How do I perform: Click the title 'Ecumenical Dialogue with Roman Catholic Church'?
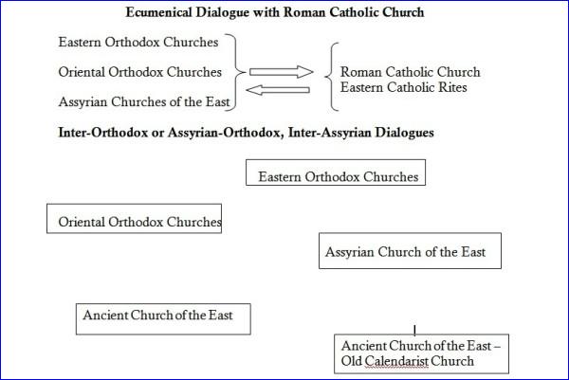275,12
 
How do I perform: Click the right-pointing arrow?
282,72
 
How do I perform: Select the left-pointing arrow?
278,90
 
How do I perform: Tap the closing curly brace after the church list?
236,72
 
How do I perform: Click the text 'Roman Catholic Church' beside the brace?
410,72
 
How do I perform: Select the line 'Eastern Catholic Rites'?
404,87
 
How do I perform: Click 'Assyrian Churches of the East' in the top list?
144,102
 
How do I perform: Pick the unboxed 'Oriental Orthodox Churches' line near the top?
139,72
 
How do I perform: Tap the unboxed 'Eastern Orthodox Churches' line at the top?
138,42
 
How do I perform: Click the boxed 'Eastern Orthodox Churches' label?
336,172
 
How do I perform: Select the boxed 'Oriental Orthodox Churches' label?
135,219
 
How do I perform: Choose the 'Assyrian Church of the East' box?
410,251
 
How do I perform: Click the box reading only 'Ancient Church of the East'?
163,319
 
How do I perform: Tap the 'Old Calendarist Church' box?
421,353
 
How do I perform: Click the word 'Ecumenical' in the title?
158,12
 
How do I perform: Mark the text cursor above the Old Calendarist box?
414,330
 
